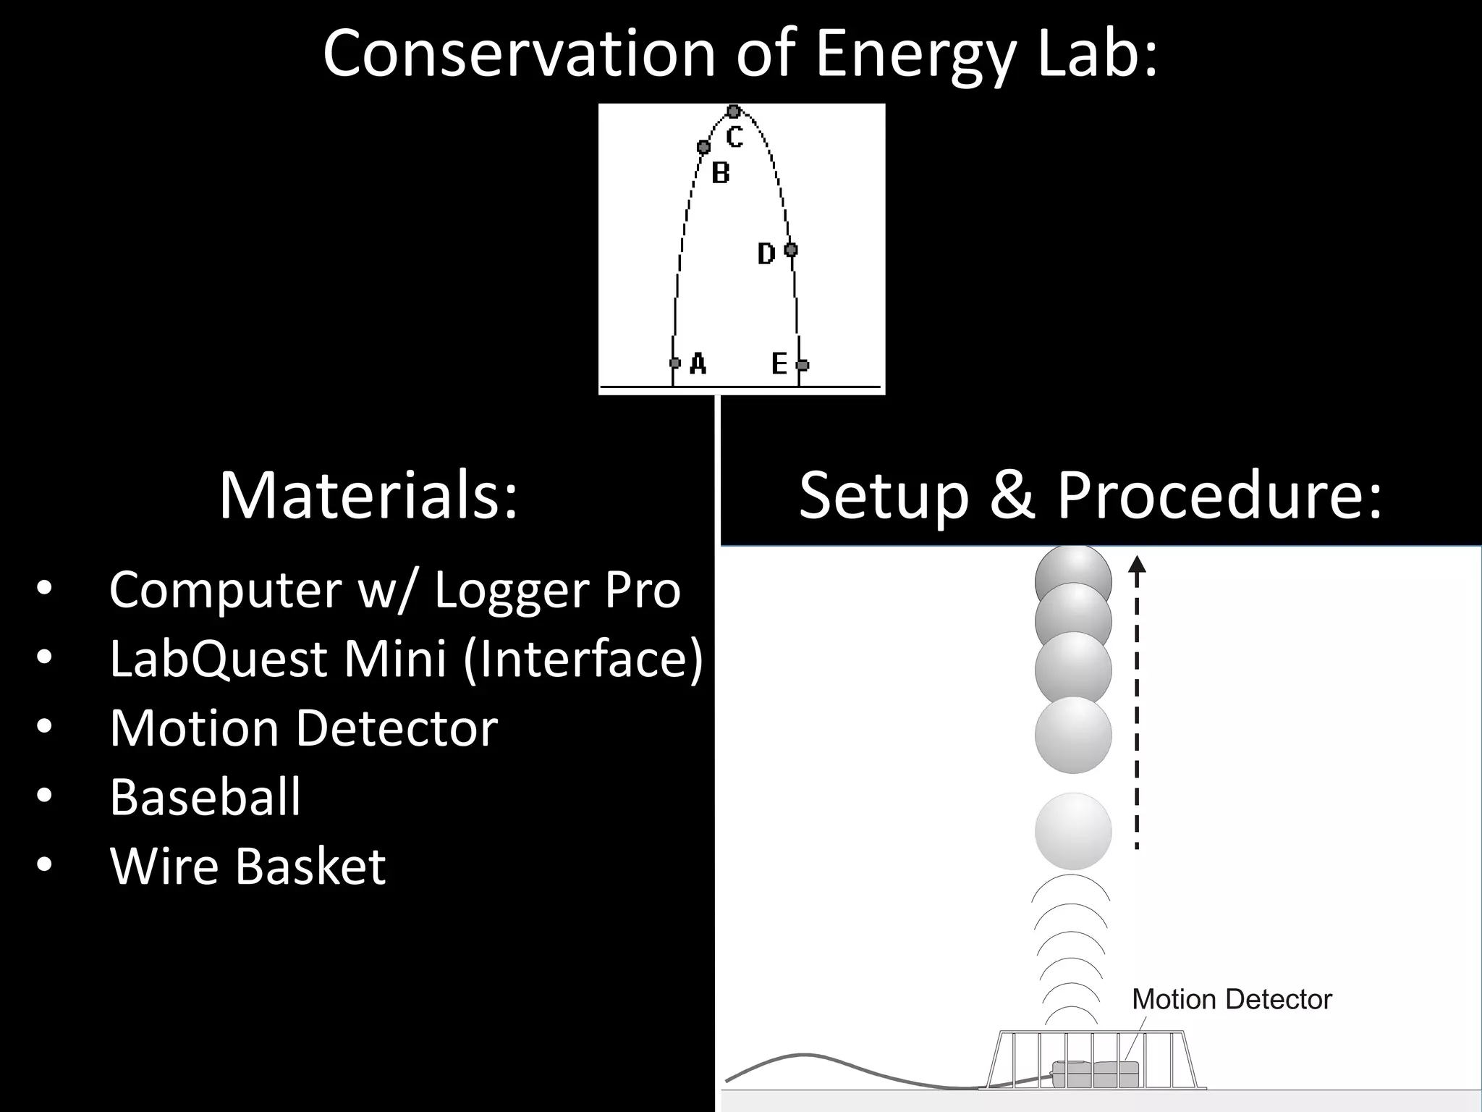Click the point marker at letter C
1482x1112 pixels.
click(733, 111)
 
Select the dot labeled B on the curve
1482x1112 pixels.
click(703, 147)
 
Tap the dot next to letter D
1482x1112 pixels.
click(791, 250)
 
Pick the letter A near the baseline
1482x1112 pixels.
click(698, 363)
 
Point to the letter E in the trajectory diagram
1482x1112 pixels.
click(779, 363)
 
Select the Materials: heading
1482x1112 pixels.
click(369, 497)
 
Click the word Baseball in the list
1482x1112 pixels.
click(205, 797)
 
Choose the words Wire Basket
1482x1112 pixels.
click(247, 867)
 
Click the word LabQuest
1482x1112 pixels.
click(218, 659)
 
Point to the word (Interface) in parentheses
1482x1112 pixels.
click(583, 659)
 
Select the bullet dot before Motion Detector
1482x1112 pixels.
click(44, 728)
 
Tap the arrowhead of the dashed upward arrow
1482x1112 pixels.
click(1138, 563)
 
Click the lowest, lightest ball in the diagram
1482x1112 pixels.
click(1073, 831)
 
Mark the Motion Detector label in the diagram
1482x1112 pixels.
click(1231, 1000)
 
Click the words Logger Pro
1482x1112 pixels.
click(557, 590)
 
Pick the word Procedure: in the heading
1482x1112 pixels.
click(1219, 497)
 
